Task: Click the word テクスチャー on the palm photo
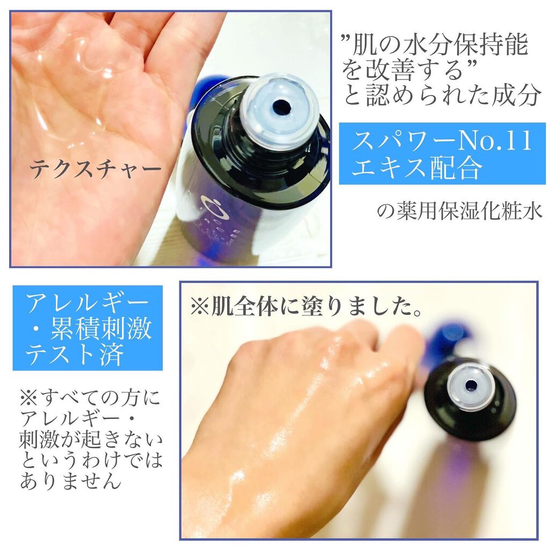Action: tap(95, 169)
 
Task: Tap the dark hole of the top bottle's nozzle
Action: tap(280, 105)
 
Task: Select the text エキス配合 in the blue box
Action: tap(416, 167)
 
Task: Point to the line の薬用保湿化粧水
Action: tap(460, 212)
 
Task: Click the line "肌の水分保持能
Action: tap(435, 45)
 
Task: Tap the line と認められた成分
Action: tap(442, 95)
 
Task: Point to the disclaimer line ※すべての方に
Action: tap(90, 398)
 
